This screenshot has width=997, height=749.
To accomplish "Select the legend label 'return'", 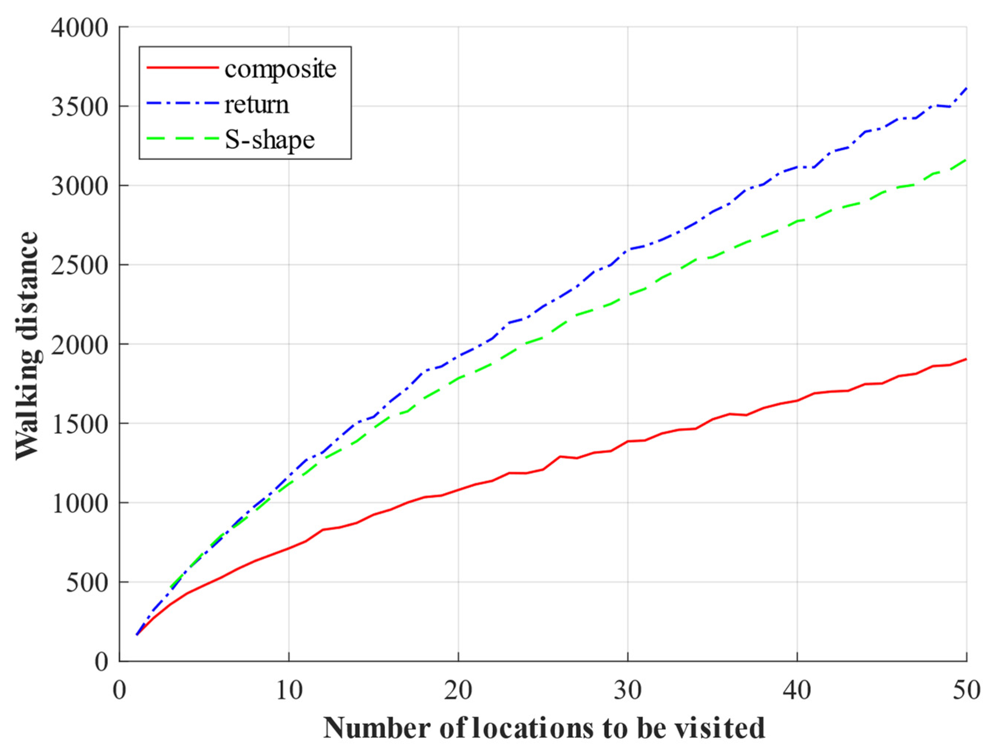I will pos(257,105).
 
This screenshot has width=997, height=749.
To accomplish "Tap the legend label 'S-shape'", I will pos(269,140).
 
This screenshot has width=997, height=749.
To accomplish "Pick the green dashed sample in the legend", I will pos(182,138).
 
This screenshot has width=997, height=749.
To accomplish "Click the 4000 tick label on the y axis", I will pos(80,28).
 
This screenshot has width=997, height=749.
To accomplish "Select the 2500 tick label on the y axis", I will pos(80,265).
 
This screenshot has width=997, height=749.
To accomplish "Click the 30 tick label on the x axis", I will pos(627,690).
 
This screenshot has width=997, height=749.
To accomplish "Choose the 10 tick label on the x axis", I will pos(289,690).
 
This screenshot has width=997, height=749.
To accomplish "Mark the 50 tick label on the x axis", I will pos(966,690).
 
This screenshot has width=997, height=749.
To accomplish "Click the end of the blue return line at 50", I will pos(966,88).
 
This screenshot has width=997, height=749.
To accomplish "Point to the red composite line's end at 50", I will pos(966,359).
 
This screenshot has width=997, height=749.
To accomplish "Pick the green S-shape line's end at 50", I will pos(966,160).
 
